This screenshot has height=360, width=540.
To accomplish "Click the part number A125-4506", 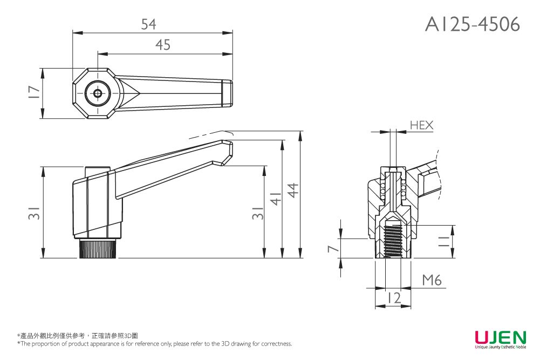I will (x=472, y=24).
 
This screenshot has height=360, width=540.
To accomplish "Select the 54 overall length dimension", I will (x=148, y=24).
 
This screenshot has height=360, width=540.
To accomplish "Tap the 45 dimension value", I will (x=162, y=45).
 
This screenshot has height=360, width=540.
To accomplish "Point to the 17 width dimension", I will (x=34, y=93).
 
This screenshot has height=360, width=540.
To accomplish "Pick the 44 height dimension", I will (x=293, y=190).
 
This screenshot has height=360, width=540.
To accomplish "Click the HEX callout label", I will (x=421, y=125).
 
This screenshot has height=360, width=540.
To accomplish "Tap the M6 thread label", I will (x=432, y=280).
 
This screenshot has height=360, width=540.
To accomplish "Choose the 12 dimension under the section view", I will (x=394, y=298).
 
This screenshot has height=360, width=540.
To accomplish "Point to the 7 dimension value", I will (x=334, y=248).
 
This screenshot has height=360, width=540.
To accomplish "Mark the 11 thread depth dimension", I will (x=444, y=241).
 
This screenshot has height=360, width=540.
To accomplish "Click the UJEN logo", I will (x=500, y=337).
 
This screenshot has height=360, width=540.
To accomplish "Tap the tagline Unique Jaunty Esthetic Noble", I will (x=500, y=347).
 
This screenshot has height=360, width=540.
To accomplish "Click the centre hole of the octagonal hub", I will (x=98, y=93).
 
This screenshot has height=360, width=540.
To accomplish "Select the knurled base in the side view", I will (x=98, y=249).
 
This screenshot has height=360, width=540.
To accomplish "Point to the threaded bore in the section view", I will (x=393, y=241).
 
